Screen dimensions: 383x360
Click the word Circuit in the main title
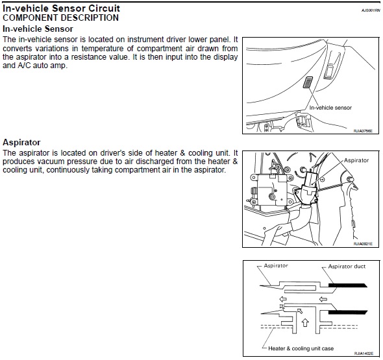point(104,8)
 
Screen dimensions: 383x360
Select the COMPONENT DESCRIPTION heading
point(60,18)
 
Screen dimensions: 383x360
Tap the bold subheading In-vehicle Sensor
point(38,29)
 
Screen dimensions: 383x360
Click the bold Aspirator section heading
point(21,142)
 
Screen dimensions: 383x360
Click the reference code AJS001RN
point(371,10)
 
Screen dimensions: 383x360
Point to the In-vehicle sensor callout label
point(330,108)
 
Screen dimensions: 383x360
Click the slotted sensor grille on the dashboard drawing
point(308,82)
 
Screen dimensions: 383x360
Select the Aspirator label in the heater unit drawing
point(356,160)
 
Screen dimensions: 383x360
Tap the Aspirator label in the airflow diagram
point(276,265)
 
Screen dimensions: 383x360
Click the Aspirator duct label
point(347,267)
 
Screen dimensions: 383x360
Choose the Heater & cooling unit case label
point(301,348)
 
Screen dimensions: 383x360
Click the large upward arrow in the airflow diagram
point(305,322)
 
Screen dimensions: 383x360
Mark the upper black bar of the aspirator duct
point(348,285)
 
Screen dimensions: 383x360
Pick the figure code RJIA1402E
point(364,354)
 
